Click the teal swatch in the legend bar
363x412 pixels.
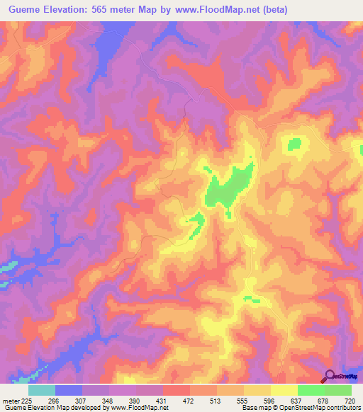point(42,390)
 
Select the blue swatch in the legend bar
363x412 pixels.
point(69,390)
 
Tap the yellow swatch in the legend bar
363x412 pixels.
point(284,390)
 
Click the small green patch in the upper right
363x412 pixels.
point(294,144)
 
